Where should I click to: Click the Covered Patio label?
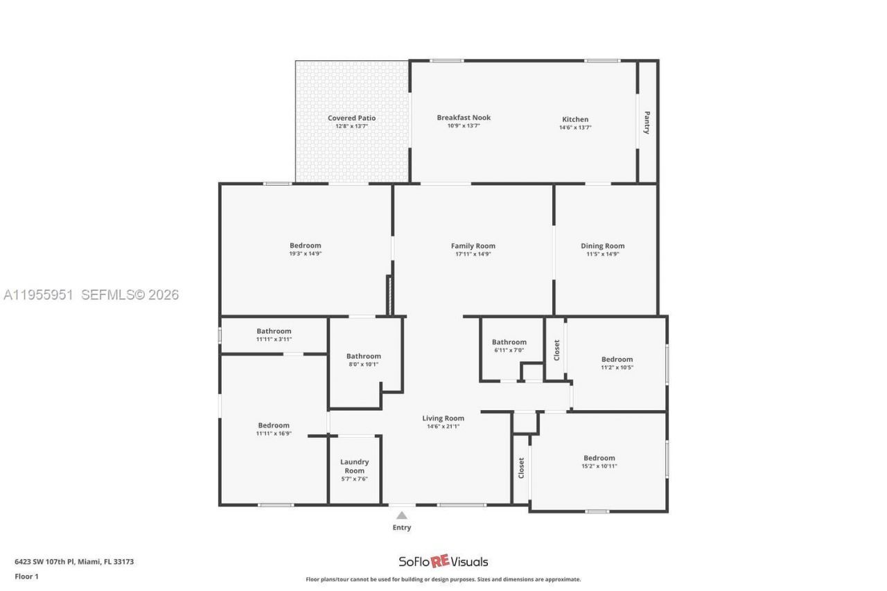tap(351, 118)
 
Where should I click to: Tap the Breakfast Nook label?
tap(464, 118)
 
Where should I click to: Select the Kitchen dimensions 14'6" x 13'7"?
tap(575, 127)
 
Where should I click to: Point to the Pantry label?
tap(647, 123)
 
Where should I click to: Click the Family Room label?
tap(473, 246)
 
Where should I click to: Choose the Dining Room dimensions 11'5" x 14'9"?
tap(602, 254)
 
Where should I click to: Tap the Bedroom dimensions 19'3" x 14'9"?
tap(305, 254)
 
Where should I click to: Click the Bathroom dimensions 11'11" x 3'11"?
tap(274, 339)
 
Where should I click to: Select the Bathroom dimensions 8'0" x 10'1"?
tap(363, 364)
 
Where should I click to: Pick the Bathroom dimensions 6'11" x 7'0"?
tap(509, 351)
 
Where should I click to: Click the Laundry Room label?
tap(354, 466)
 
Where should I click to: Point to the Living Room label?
tap(443, 418)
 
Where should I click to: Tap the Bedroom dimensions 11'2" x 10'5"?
tap(617, 367)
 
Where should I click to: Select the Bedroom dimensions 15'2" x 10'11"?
tap(599, 466)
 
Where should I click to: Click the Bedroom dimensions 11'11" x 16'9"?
tap(274, 434)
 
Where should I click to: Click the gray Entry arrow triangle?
tap(401, 515)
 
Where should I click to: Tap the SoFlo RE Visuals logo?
tap(443, 561)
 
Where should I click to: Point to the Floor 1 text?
tap(26, 576)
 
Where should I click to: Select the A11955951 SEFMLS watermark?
tap(91, 295)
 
